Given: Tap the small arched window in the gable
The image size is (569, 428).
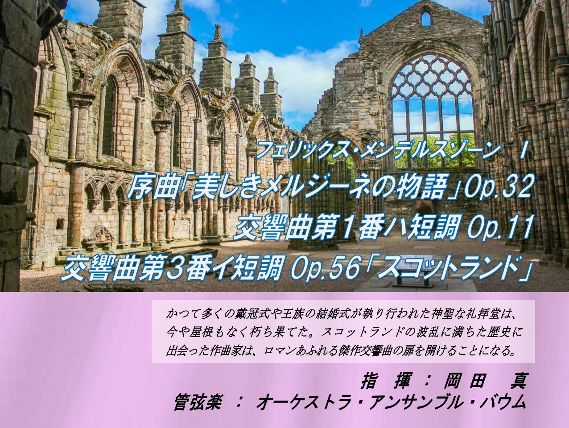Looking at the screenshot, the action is tap(426, 19).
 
